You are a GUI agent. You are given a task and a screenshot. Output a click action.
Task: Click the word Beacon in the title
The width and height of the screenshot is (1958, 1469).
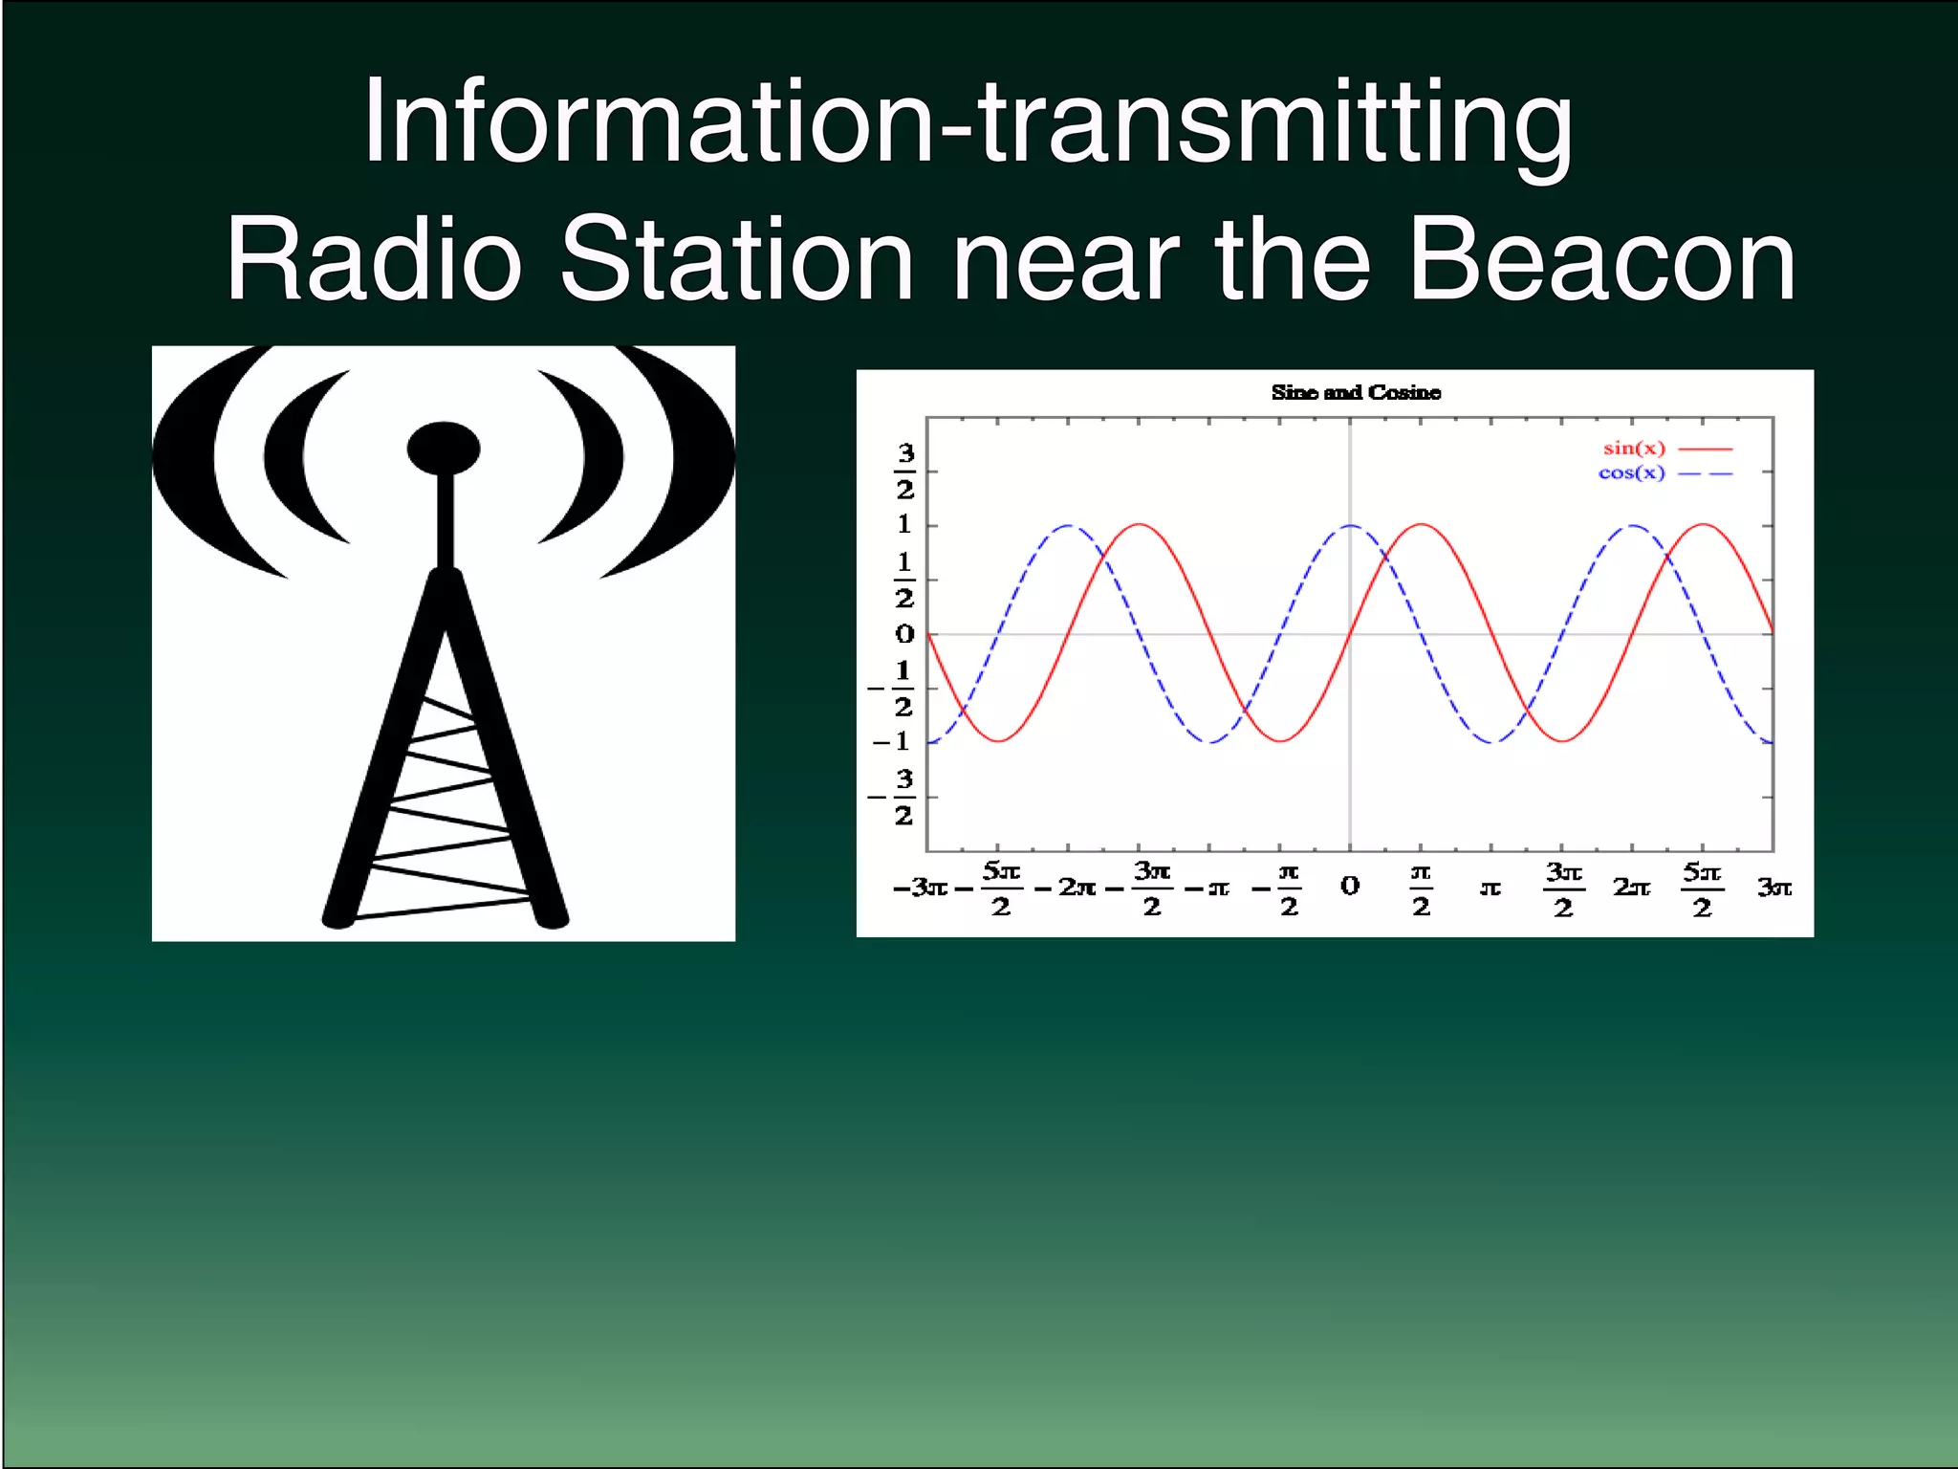[x=1602, y=259]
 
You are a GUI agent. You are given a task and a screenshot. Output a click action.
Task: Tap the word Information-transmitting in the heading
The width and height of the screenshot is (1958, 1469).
[x=968, y=122]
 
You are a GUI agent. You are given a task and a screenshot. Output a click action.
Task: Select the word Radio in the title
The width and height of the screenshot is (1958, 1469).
[x=373, y=259]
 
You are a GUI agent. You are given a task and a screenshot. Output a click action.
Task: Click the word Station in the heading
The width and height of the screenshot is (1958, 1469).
[x=736, y=259]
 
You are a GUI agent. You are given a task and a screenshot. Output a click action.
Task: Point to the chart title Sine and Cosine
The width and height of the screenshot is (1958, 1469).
[x=1356, y=392]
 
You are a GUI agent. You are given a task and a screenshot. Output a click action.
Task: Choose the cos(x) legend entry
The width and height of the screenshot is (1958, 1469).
[x=1632, y=473]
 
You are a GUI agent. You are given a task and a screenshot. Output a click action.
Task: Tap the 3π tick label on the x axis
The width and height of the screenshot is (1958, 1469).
[x=1773, y=888]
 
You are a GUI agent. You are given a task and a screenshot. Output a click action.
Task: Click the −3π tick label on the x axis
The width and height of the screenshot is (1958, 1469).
[x=920, y=888]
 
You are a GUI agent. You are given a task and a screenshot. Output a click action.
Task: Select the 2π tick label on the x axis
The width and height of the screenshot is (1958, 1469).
[x=1632, y=888]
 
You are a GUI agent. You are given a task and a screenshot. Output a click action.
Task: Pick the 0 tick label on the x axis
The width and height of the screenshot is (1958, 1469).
[x=1350, y=886]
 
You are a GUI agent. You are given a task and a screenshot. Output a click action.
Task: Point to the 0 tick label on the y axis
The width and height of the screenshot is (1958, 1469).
[x=904, y=634]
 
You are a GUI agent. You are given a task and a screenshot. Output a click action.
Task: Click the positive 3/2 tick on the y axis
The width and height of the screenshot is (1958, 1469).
[x=904, y=471]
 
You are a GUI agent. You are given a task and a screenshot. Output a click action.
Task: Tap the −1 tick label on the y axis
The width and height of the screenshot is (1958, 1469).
[x=892, y=741]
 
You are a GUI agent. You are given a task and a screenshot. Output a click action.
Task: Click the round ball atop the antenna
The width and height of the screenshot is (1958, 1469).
[x=444, y=448]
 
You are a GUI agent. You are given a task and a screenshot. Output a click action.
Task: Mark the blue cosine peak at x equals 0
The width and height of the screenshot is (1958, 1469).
[x=1350, y=526]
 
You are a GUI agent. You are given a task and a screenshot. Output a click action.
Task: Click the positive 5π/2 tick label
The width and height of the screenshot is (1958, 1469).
[x=1702, y=889]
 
